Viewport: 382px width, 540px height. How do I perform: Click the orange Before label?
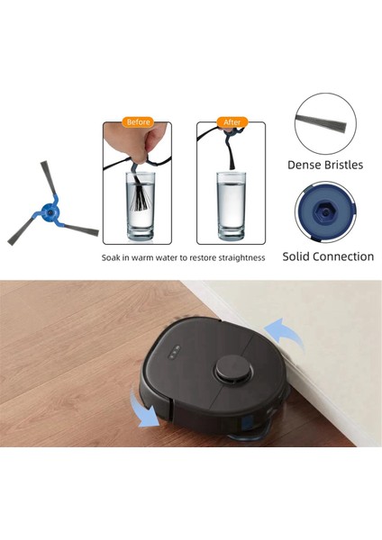pyautogui.click(x=139, y=122)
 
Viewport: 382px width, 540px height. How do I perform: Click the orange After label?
pyautogui.click(x=232, y=122)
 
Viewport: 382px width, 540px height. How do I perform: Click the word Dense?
pyautogui.click(x=305, y=165)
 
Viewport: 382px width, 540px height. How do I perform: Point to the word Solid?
pyautogui.click(x=300, y=256)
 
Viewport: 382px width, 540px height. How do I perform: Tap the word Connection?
pyautogui.click(x=347, y=256)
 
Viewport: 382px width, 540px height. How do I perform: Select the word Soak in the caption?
pyautogui.click(x=113, y=257)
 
